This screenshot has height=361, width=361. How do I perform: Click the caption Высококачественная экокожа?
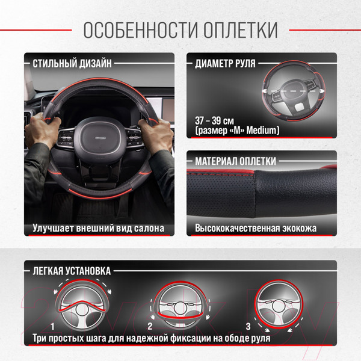[x=256, y=229]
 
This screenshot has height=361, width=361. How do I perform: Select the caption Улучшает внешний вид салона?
[x=98, y=229]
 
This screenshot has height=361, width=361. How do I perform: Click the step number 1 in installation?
[x=54, y=326]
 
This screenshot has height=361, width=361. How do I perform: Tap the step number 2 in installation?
[x=149, y=326]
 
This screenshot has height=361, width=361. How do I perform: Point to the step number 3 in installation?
[x=247, y=326]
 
